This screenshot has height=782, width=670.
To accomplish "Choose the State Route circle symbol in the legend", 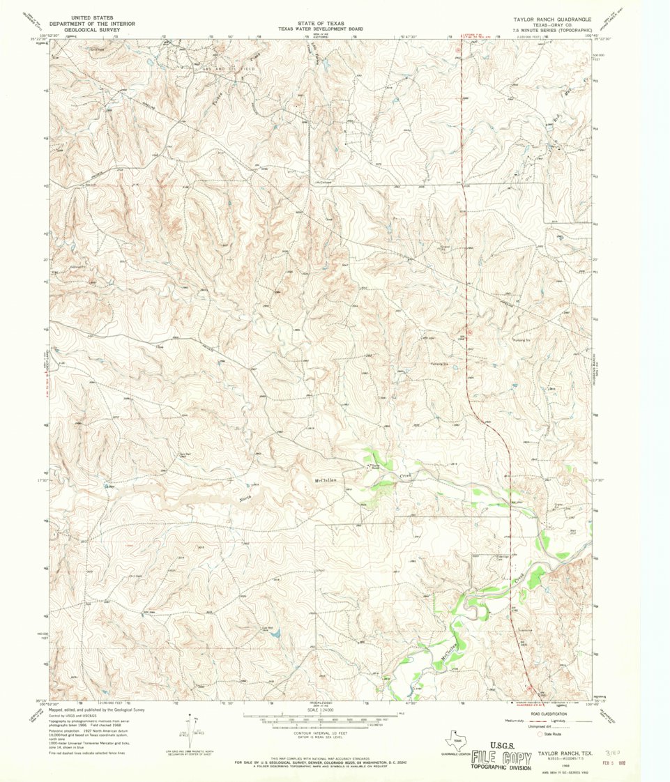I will coord(539,734).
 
